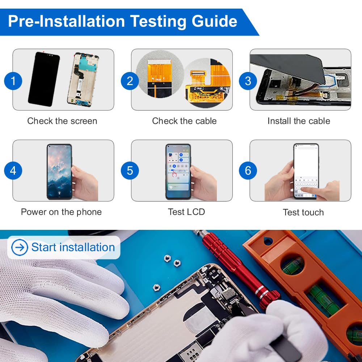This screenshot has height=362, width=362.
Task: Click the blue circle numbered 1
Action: coord(13,81)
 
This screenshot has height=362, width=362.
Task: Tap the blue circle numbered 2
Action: coord(130,81)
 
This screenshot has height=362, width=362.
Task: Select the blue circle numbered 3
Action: coord(248,81)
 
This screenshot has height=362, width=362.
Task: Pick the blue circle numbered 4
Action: coord(13,171)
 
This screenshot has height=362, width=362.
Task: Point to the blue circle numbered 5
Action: coord(130,171)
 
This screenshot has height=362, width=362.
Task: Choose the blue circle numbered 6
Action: coord(248,171)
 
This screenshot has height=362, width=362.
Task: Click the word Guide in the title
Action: coord(214,21)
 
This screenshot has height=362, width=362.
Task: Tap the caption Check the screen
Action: coord(62,121)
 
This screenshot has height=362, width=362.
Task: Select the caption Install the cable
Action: coord(299,121)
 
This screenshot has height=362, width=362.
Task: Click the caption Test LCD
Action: coord(186,212)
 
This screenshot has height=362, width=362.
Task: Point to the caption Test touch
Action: coord(303,212)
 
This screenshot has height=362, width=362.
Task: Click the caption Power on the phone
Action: coord(61,212)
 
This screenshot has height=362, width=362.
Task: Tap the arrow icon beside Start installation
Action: coord(20,247)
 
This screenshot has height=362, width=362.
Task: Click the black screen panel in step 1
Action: coord(44,79)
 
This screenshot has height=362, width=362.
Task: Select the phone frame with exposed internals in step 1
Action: coord(83,80)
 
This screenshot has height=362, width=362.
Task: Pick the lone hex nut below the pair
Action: coord(156,288)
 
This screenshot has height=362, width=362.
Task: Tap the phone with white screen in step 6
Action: coord(306,171)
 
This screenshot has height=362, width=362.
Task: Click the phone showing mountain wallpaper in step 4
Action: coord(59,172)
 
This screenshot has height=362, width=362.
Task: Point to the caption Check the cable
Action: coord(184,121)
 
